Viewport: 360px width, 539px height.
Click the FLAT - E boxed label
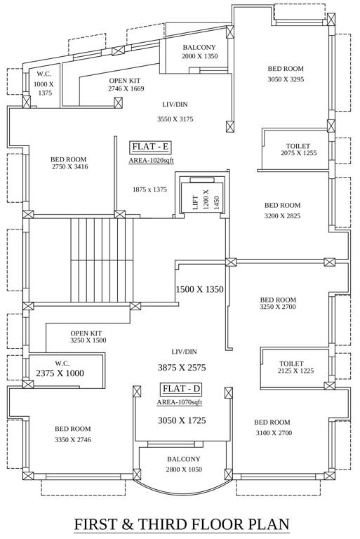coord(152,147)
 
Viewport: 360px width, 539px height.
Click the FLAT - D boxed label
coord(182,389)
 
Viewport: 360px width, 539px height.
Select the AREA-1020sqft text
coord(152,161)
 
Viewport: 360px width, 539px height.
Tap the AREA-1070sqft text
coord(180,402)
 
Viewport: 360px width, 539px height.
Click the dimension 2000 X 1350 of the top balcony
coord(200,56)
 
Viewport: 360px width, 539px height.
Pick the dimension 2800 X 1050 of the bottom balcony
coord(183,470)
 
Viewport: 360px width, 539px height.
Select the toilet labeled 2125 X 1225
coord(296,371)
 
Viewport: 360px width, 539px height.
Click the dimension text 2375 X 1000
coord(60,373)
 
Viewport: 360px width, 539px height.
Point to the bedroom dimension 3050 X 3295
coord(286,79)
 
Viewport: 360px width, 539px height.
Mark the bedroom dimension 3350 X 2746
coord(73,439)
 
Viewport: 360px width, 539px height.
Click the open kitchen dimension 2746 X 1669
coord(126,89)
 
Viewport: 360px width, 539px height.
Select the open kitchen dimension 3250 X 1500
coord(88,340)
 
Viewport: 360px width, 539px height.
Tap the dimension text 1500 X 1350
coord(199,289)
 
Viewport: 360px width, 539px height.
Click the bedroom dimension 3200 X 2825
coord(282,216)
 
